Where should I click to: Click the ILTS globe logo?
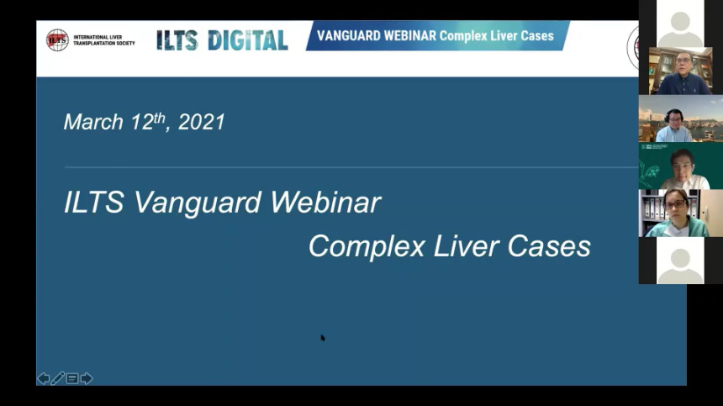point(57,40)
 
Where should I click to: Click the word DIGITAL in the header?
point(248,40)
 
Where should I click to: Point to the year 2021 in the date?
point(202,122)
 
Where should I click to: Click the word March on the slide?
point(93,122)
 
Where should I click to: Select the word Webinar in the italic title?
point(325,202)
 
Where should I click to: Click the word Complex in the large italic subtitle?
point(367,246)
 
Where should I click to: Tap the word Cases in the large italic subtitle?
point(549,246)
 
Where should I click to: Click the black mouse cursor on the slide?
point(323,338)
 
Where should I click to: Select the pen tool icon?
point(58,379)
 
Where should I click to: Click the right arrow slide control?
point(87,378)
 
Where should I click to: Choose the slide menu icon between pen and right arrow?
point(72,379)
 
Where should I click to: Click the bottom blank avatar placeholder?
point(680,261)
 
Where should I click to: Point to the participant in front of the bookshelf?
point(683,73)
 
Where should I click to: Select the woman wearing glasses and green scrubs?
point(676,214)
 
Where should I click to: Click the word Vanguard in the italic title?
point(197,203)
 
